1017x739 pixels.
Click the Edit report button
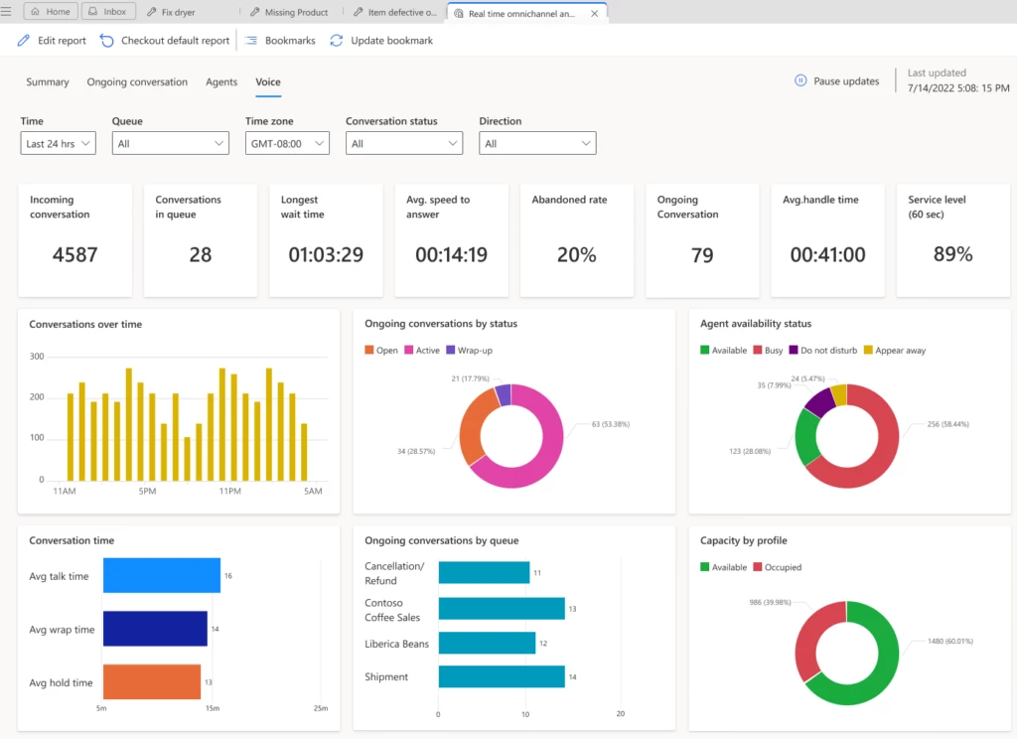pos(52,41)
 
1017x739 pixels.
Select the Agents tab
pos(220,82)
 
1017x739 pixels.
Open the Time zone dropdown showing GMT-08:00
pos(287,144)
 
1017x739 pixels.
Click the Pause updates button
pos(836,81)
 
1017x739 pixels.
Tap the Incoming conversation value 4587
pos(74,255)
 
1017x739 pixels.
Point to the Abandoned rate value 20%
pos(576,255)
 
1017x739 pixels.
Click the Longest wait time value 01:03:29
pos(325,255)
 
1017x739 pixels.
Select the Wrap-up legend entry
pos(473,351)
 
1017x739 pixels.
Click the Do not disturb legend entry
pos(827,351)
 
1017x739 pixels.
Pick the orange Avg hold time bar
pos(152,682)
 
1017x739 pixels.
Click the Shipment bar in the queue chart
pos(501,677)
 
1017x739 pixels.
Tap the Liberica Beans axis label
pos(396,644)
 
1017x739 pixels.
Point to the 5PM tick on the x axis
pos(148,491)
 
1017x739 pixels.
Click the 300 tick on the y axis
pos(37,357)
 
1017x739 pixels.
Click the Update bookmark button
pos(381,41)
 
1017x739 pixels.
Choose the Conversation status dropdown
pos(403,144)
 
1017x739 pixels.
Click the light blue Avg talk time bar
pos(162,576)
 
